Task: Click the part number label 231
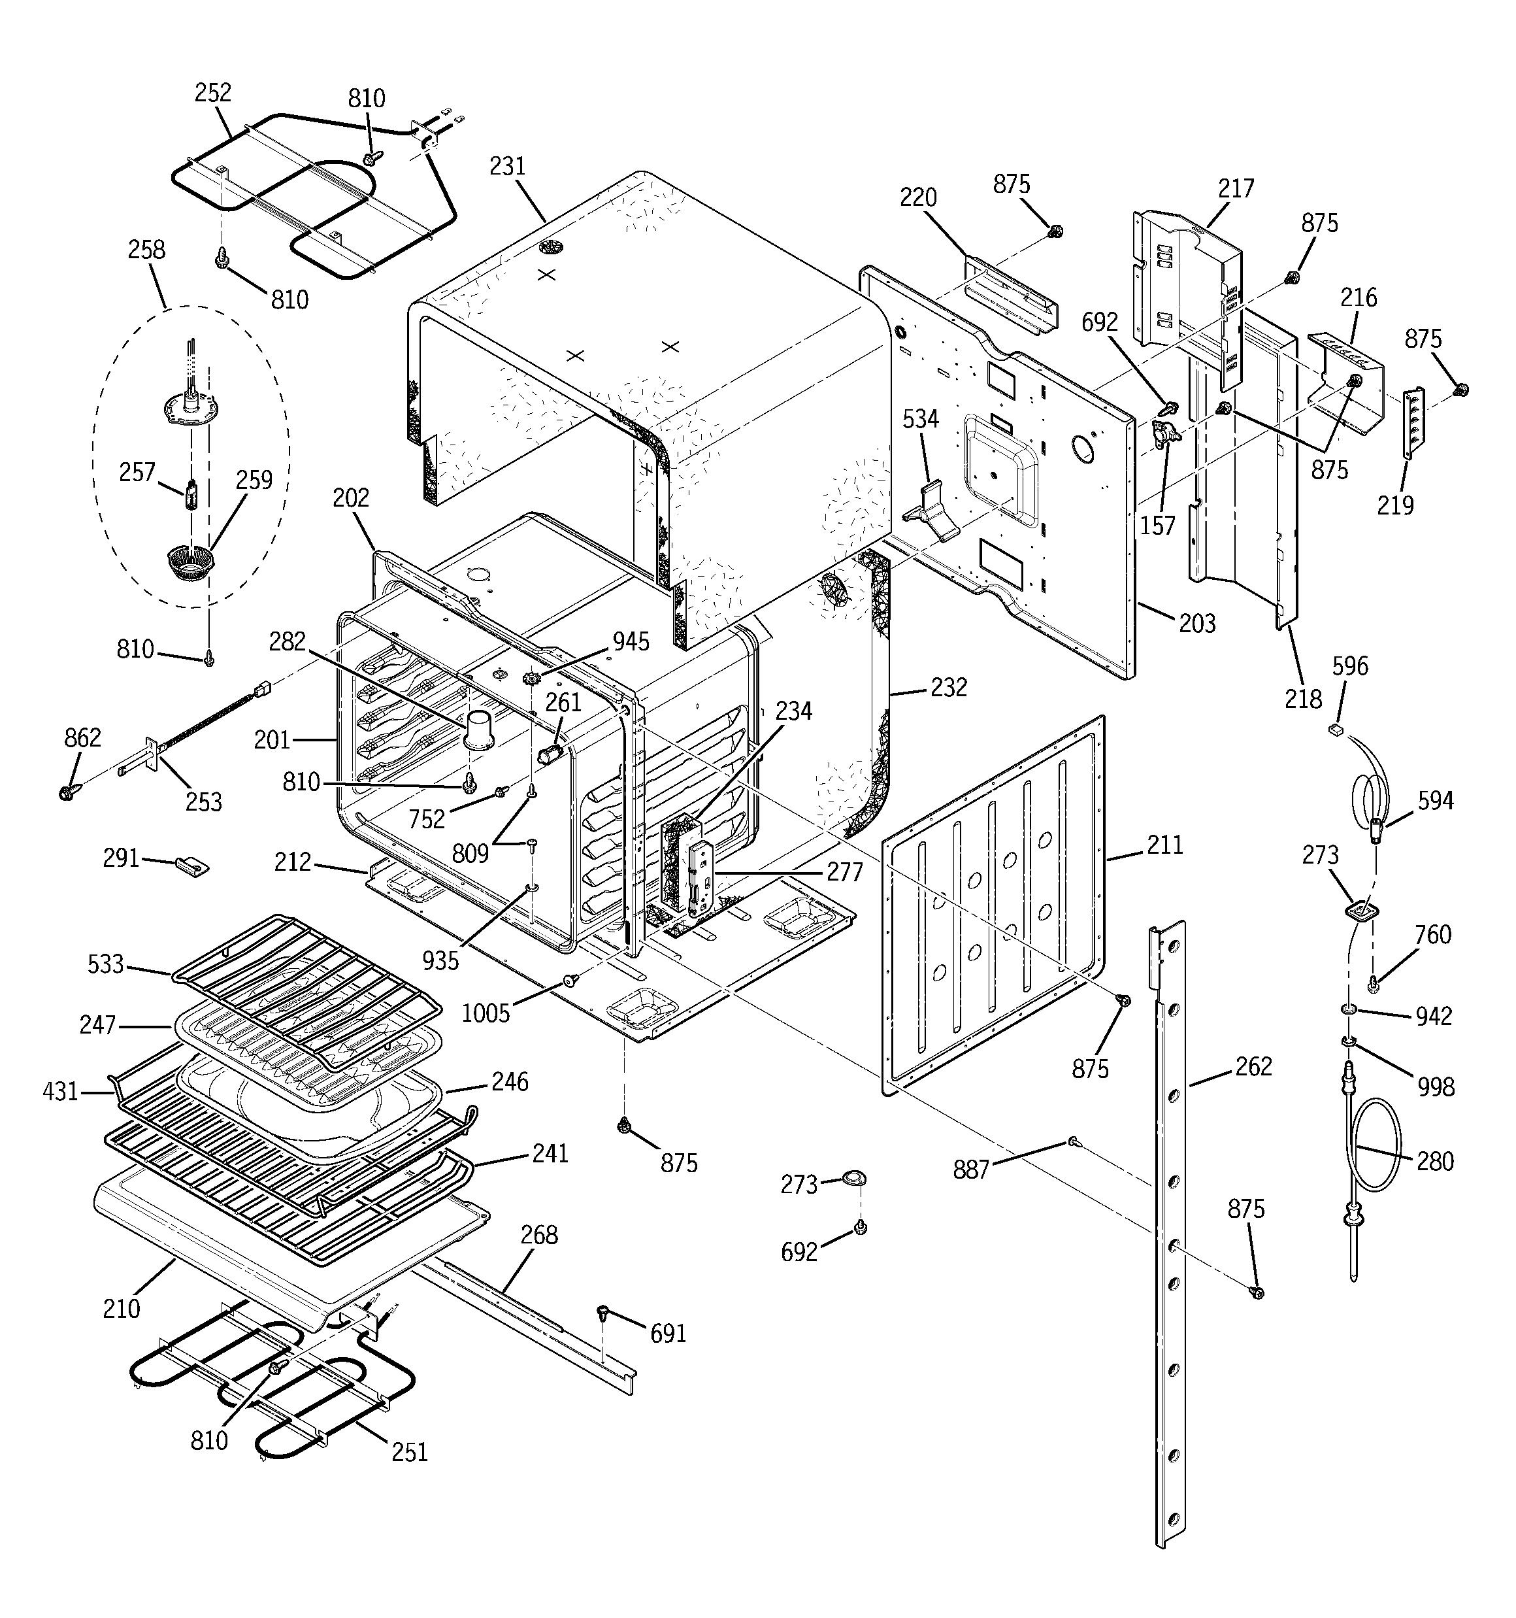[x=508, y=166]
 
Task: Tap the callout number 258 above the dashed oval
[x=146, y=249]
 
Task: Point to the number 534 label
[x=920, y=419]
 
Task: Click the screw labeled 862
[x=67, y=790]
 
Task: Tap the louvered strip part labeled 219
[x=1414, y=423]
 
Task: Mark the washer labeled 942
[x=1348, y=1010]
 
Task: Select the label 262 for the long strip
[x=1253, y=1066]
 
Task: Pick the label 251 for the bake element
[x=409, y=1452]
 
